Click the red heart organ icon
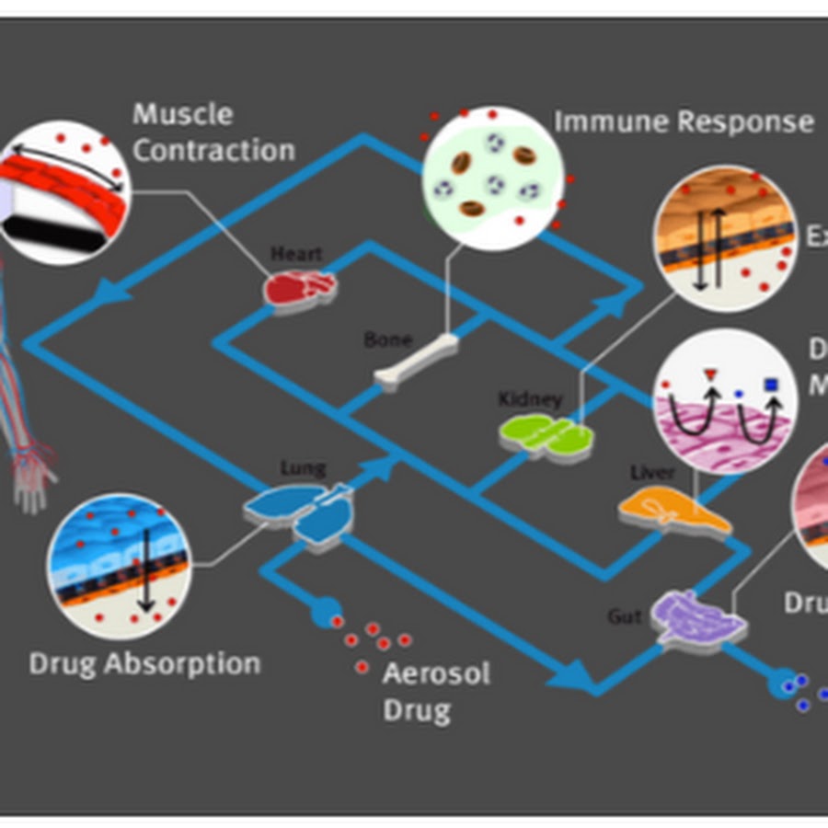click(x=300, y=287)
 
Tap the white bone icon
click(x=417, y=364)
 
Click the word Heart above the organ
click(x=296, y=253)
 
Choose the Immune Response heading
click(x=684, y=121)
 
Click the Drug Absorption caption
click(x=144, y=663)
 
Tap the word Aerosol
click(x=436, y=673)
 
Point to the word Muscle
click(x=183, y=115)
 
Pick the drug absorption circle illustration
click(x=121, y=565)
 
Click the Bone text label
click(x=387, y=339)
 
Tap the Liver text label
click(x=651, y=473)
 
